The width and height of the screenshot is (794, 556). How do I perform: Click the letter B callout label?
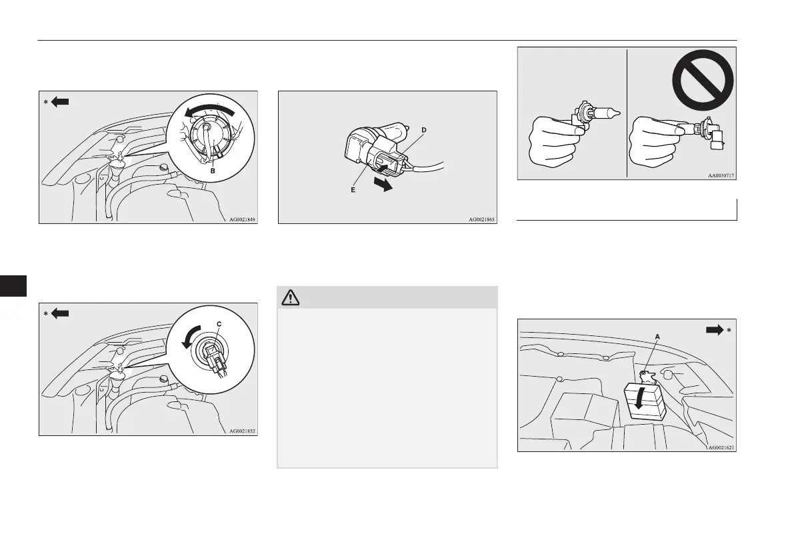213,171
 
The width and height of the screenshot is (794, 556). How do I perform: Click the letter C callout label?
219,324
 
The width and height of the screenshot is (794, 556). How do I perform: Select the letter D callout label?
424,130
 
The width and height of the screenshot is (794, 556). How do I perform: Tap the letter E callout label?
353,190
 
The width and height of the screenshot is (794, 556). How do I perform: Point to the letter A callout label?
658,337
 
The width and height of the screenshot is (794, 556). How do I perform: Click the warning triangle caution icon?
290,298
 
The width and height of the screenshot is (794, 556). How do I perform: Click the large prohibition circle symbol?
703,80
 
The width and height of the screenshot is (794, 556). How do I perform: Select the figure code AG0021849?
242,220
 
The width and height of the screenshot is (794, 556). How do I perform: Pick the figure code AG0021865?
481,220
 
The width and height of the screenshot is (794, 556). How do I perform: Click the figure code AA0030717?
721,176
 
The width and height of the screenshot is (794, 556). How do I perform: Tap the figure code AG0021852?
242,431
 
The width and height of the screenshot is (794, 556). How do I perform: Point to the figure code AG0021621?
721,447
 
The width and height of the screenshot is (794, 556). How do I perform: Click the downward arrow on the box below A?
639,397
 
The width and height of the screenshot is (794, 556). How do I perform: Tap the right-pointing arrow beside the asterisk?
715,330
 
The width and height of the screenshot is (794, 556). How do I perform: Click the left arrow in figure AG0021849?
60,102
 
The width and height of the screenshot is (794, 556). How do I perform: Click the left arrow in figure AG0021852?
60,314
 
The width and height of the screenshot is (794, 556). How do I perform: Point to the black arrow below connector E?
384,183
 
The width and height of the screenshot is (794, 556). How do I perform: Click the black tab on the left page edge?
13,286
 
